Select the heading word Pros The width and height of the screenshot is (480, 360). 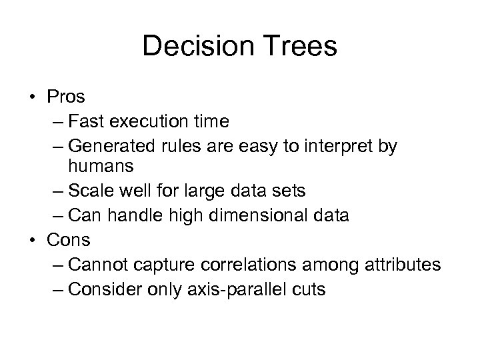coord(66,97)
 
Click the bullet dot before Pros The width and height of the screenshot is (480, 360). coord(33,98)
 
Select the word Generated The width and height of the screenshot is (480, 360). coord(109,145)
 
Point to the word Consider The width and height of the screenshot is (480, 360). coord(104,290)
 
